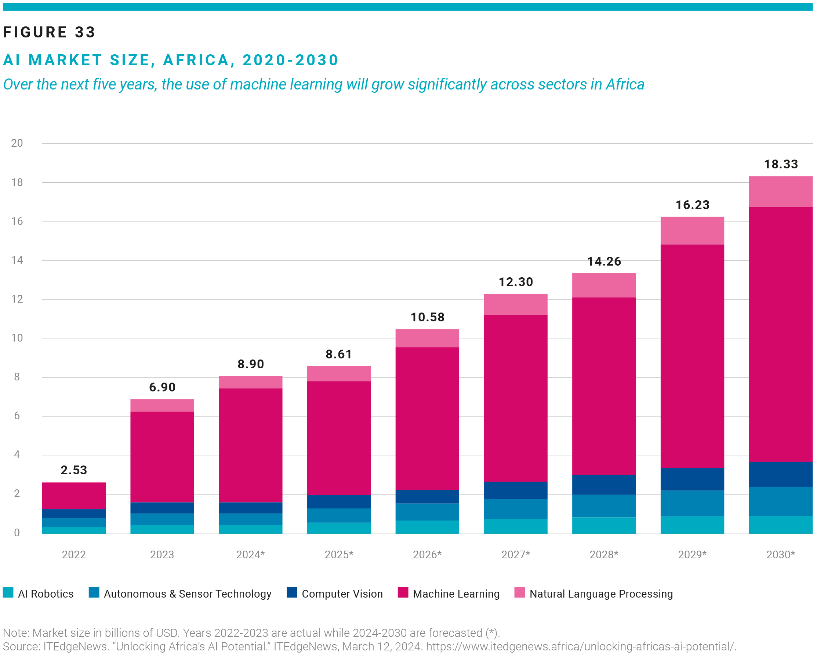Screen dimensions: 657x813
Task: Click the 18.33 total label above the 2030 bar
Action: pos(780,164)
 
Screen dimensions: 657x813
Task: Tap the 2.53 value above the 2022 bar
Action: pos(74,470)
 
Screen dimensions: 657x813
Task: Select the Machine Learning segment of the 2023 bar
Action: pos(162,456)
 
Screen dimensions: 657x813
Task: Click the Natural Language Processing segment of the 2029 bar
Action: pos(692,230)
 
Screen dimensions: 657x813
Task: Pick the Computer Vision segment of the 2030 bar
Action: pos(780,474)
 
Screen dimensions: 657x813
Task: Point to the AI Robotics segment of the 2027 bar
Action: pos(515,526)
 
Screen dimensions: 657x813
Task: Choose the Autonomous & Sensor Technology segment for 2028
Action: pos(603,505)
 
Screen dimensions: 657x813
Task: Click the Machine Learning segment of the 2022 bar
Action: pos(74,496)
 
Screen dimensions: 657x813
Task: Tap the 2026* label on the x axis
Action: pos(427,554)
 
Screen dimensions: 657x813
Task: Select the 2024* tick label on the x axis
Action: pos(250,554)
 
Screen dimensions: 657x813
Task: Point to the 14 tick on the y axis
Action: pos(17,260)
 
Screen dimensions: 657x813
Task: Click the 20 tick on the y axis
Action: pos(17,143)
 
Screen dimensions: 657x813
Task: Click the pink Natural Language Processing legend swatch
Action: pos(519,592)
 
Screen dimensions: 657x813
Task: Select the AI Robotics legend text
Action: pos(46,594)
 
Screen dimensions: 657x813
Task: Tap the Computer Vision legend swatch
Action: pos(292,592)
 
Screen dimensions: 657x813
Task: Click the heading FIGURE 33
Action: pos(49,32)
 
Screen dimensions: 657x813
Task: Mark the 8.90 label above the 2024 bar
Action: pos(250,364)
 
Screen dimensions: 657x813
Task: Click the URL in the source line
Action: pos(581,646)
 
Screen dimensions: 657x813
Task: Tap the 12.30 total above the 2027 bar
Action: pos(515,282)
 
